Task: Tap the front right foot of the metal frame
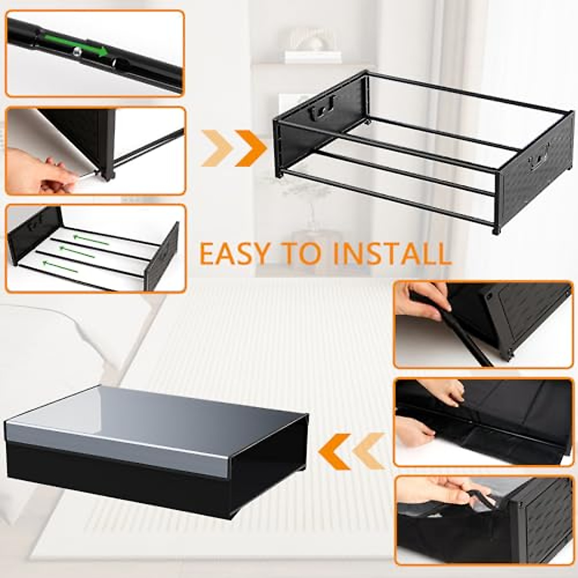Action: coord(496,231)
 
